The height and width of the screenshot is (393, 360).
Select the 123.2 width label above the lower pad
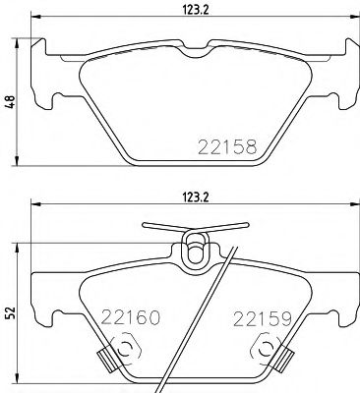tap(190, 194)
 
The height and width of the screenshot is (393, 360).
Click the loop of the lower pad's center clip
tap(197, 248)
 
